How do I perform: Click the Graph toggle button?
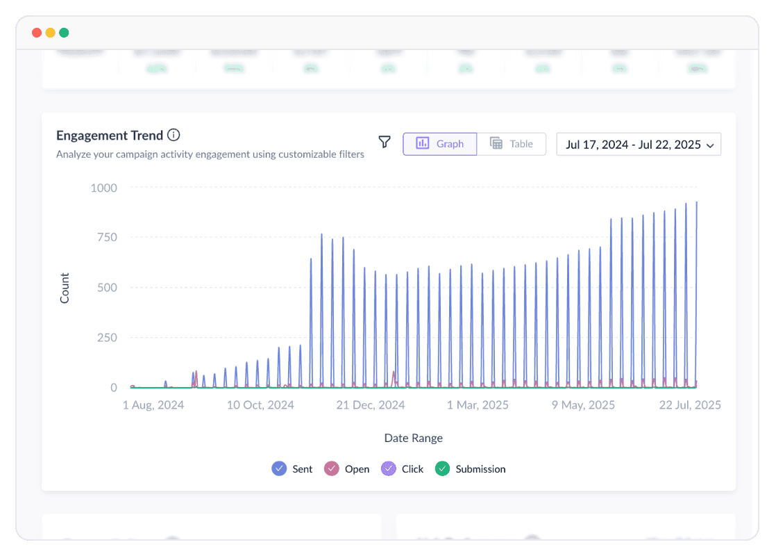[440, 144]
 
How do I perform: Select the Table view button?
[512, 144]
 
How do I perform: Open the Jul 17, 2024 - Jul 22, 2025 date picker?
[639, 145]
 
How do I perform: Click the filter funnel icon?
[385, 142]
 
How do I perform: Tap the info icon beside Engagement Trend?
[174, 136]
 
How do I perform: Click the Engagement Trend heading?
[110, 136]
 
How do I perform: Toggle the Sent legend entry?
[292, 469]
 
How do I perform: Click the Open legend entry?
[347, 469]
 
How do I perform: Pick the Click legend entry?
[403, 469]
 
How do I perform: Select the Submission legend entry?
[471, 469]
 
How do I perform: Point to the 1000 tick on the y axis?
[103, 188]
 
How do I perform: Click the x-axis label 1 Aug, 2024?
[153, 405]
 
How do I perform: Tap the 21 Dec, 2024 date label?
[371, 405]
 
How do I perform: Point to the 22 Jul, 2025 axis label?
[689, 405]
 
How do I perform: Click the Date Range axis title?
[413, 438]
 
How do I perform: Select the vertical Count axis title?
[65, 288]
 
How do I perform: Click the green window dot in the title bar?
[64, 33]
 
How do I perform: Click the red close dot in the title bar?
[37, 33]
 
